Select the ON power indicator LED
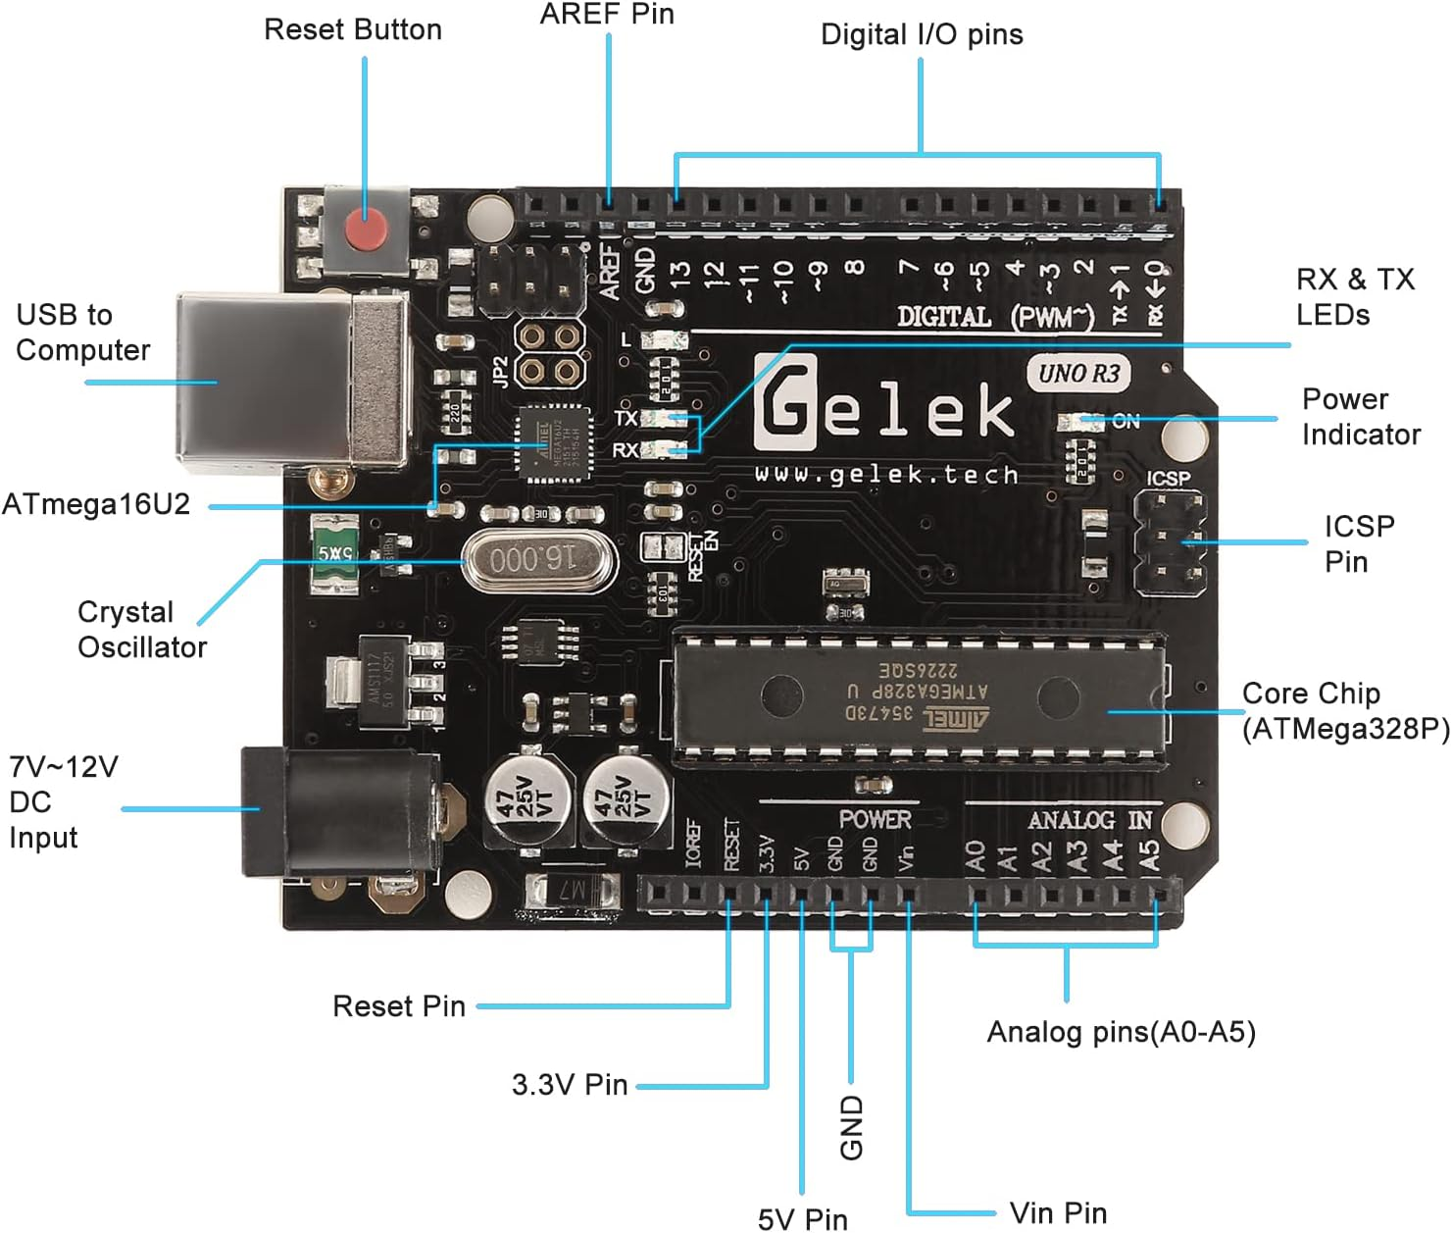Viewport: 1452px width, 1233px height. tap(1083, 422)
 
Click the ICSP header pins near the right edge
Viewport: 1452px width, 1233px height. tap(1169, 542)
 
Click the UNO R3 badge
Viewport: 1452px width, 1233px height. tap(1078, 374)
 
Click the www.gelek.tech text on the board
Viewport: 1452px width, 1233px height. tap(886, 475)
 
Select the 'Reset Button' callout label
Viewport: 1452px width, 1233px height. tap(353, 30)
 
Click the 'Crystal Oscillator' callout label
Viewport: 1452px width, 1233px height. tap(142, 630)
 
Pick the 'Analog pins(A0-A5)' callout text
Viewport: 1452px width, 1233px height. tap(1121, 1032)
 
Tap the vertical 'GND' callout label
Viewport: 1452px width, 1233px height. tap(851, 1128)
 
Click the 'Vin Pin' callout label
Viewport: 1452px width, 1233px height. tap(1058, 1213)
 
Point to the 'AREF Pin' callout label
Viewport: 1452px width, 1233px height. tap(607, 14)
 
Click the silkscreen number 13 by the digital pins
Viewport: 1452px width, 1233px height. tap(679, 272)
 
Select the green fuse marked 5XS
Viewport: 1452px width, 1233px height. tap(334, 554)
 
